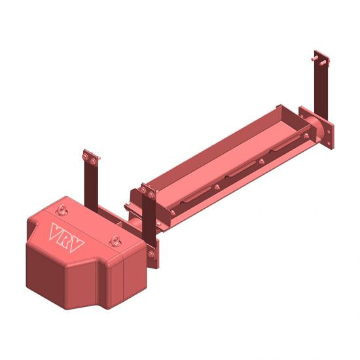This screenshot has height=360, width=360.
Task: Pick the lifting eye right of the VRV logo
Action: click(116, 241)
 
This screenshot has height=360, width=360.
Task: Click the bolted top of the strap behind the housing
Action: click(90, 158)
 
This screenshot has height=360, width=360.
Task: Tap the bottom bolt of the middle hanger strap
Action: click(151, 253)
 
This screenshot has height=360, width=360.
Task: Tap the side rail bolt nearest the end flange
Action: click(307, 136)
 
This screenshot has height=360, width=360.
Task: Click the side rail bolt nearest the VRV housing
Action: click(171, 213)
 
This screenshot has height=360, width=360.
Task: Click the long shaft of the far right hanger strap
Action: click(321, 92)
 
